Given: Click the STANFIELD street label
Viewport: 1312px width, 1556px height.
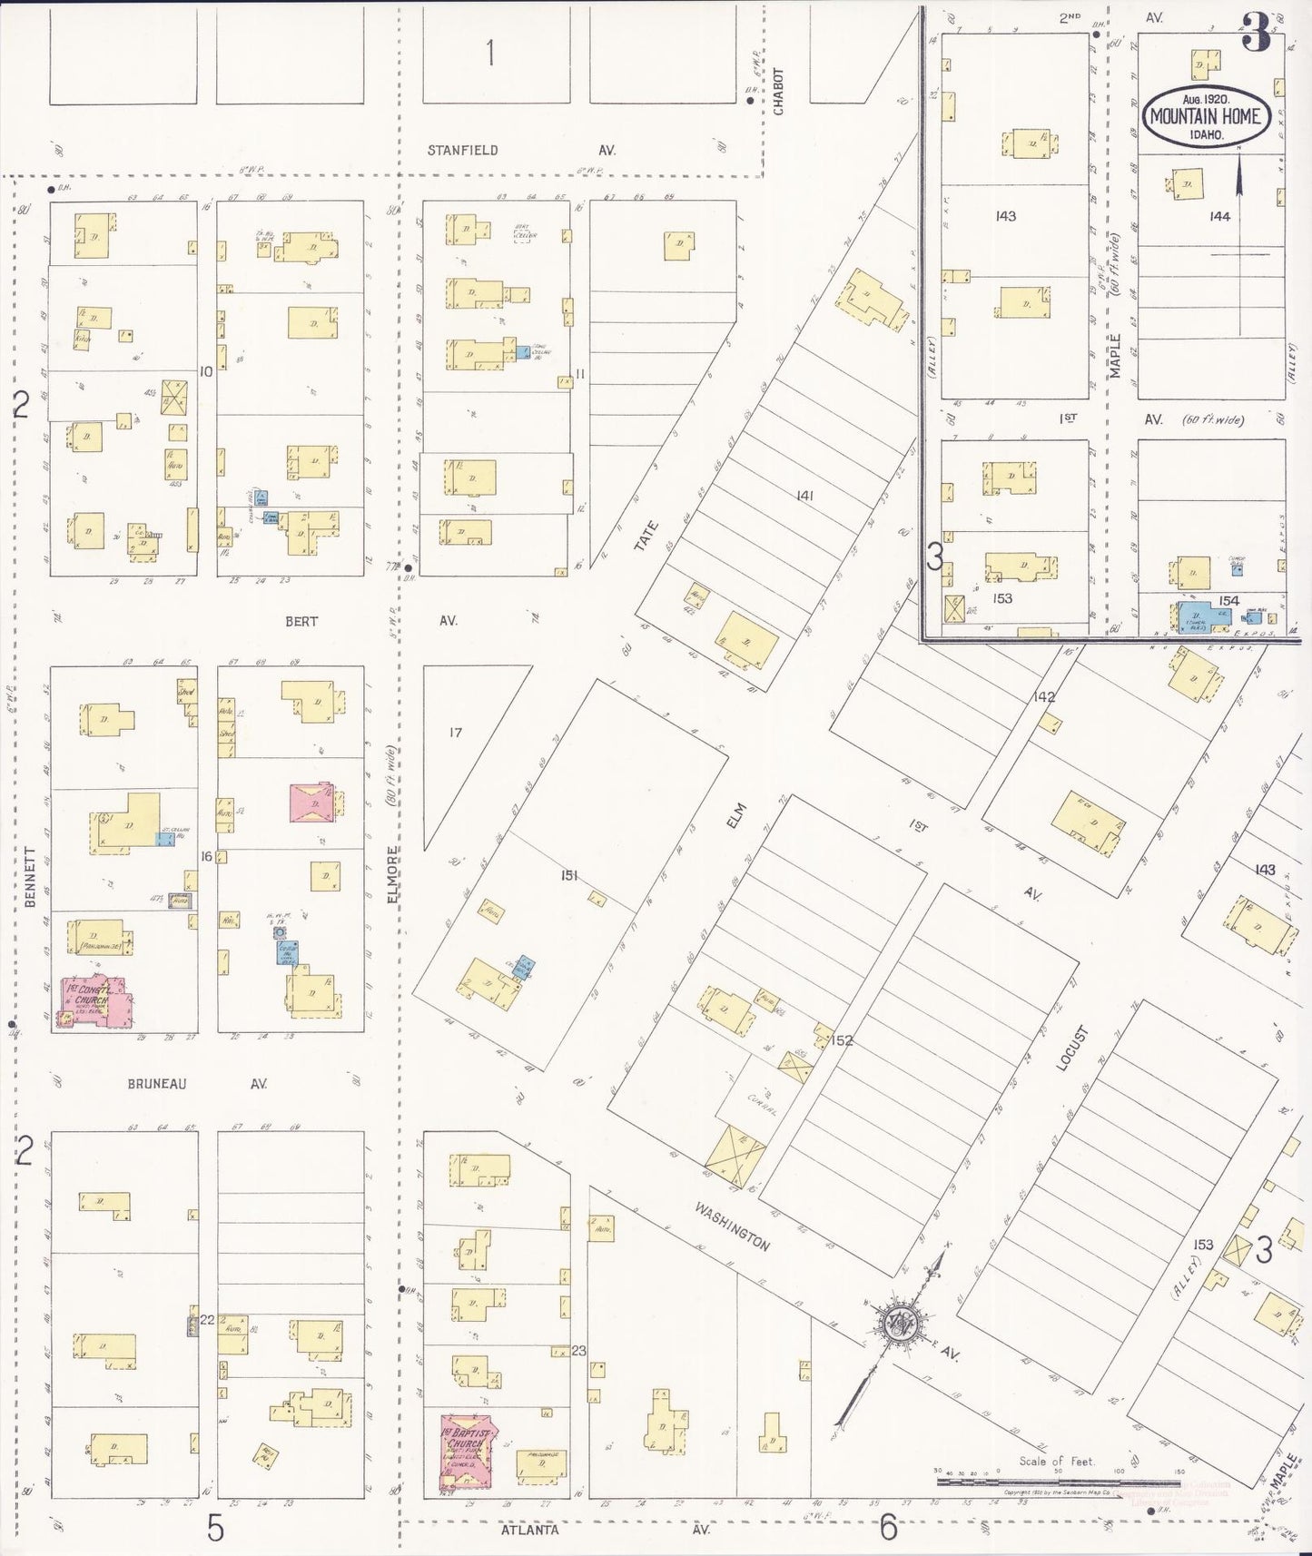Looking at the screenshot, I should [x=463, y=151].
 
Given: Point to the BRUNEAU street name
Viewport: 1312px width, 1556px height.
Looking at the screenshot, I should [x=157, y=1083].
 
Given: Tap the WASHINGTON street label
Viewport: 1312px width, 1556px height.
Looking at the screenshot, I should [x=733, y=1226].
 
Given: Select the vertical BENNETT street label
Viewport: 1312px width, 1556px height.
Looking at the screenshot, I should [x=30, y=879].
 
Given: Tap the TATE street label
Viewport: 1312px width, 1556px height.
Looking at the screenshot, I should [x=645, y=536].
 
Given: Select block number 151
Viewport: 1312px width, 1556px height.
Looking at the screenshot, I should [x=569, y=876].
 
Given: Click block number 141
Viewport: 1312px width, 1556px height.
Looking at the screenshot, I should [x=804, y=496].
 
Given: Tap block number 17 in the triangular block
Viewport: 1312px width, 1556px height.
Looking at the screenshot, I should [x=455, y=732].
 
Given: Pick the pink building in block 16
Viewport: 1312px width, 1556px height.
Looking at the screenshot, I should [x=314, y=803].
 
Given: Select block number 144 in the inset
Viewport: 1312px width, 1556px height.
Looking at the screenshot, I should [x=1219, y=216].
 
